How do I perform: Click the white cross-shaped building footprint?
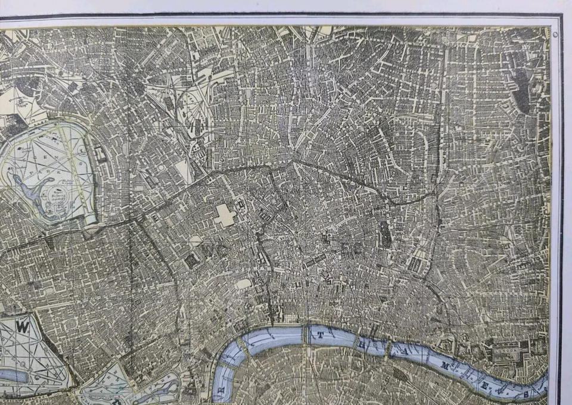[225, 216]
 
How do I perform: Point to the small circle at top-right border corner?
[555, 35]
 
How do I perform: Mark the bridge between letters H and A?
[387, 347]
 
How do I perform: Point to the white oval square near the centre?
[243, 284]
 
